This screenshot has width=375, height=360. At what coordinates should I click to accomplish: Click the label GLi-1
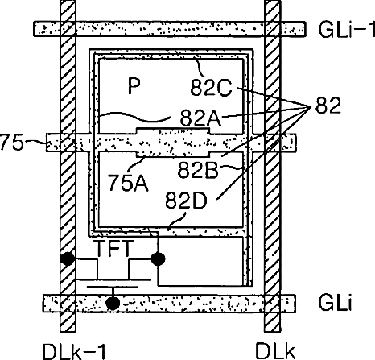click(346, 29)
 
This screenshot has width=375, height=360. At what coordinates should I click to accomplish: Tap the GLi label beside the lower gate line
click(335, 303)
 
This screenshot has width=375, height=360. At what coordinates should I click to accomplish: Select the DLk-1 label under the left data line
click(74, 352)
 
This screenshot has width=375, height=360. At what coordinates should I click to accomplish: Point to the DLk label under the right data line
click(275, 352)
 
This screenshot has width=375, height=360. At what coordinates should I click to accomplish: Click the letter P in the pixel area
click(134, 86)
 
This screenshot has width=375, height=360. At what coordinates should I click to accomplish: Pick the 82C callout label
click(211, 88)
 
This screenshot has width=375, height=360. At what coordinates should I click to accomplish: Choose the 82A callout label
click(201, 118)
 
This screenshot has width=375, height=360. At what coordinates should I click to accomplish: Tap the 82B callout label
click(198, 170)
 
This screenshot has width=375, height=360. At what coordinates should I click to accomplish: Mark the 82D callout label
click(186, 201)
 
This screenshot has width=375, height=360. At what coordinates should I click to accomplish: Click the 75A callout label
click(128, 183)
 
